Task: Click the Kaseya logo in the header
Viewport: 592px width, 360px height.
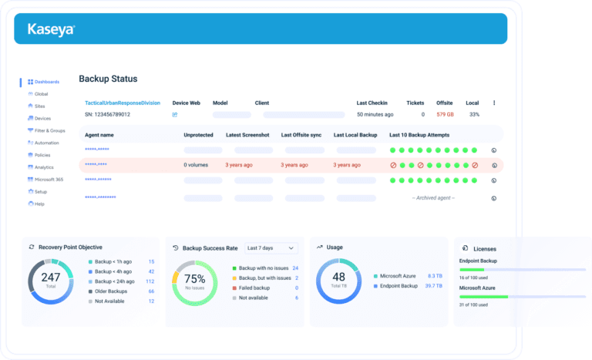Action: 51,29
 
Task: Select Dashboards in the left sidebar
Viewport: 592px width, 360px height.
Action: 46,82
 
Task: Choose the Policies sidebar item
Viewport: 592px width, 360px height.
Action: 43,155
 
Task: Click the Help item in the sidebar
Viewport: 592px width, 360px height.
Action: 39,204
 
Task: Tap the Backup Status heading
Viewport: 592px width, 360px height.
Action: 108,79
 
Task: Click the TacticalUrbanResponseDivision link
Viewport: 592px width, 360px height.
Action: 123,103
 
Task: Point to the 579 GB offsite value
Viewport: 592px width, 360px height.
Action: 445,114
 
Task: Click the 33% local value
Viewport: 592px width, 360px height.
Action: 473,114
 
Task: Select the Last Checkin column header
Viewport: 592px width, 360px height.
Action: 373,103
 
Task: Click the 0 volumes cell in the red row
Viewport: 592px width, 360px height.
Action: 196,165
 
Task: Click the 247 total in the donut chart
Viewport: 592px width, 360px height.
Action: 51,277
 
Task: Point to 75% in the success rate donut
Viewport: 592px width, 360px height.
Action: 195,278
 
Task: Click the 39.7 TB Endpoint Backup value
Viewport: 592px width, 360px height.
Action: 434,285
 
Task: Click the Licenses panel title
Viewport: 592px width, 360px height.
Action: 485,249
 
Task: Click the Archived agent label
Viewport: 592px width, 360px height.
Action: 433,198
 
